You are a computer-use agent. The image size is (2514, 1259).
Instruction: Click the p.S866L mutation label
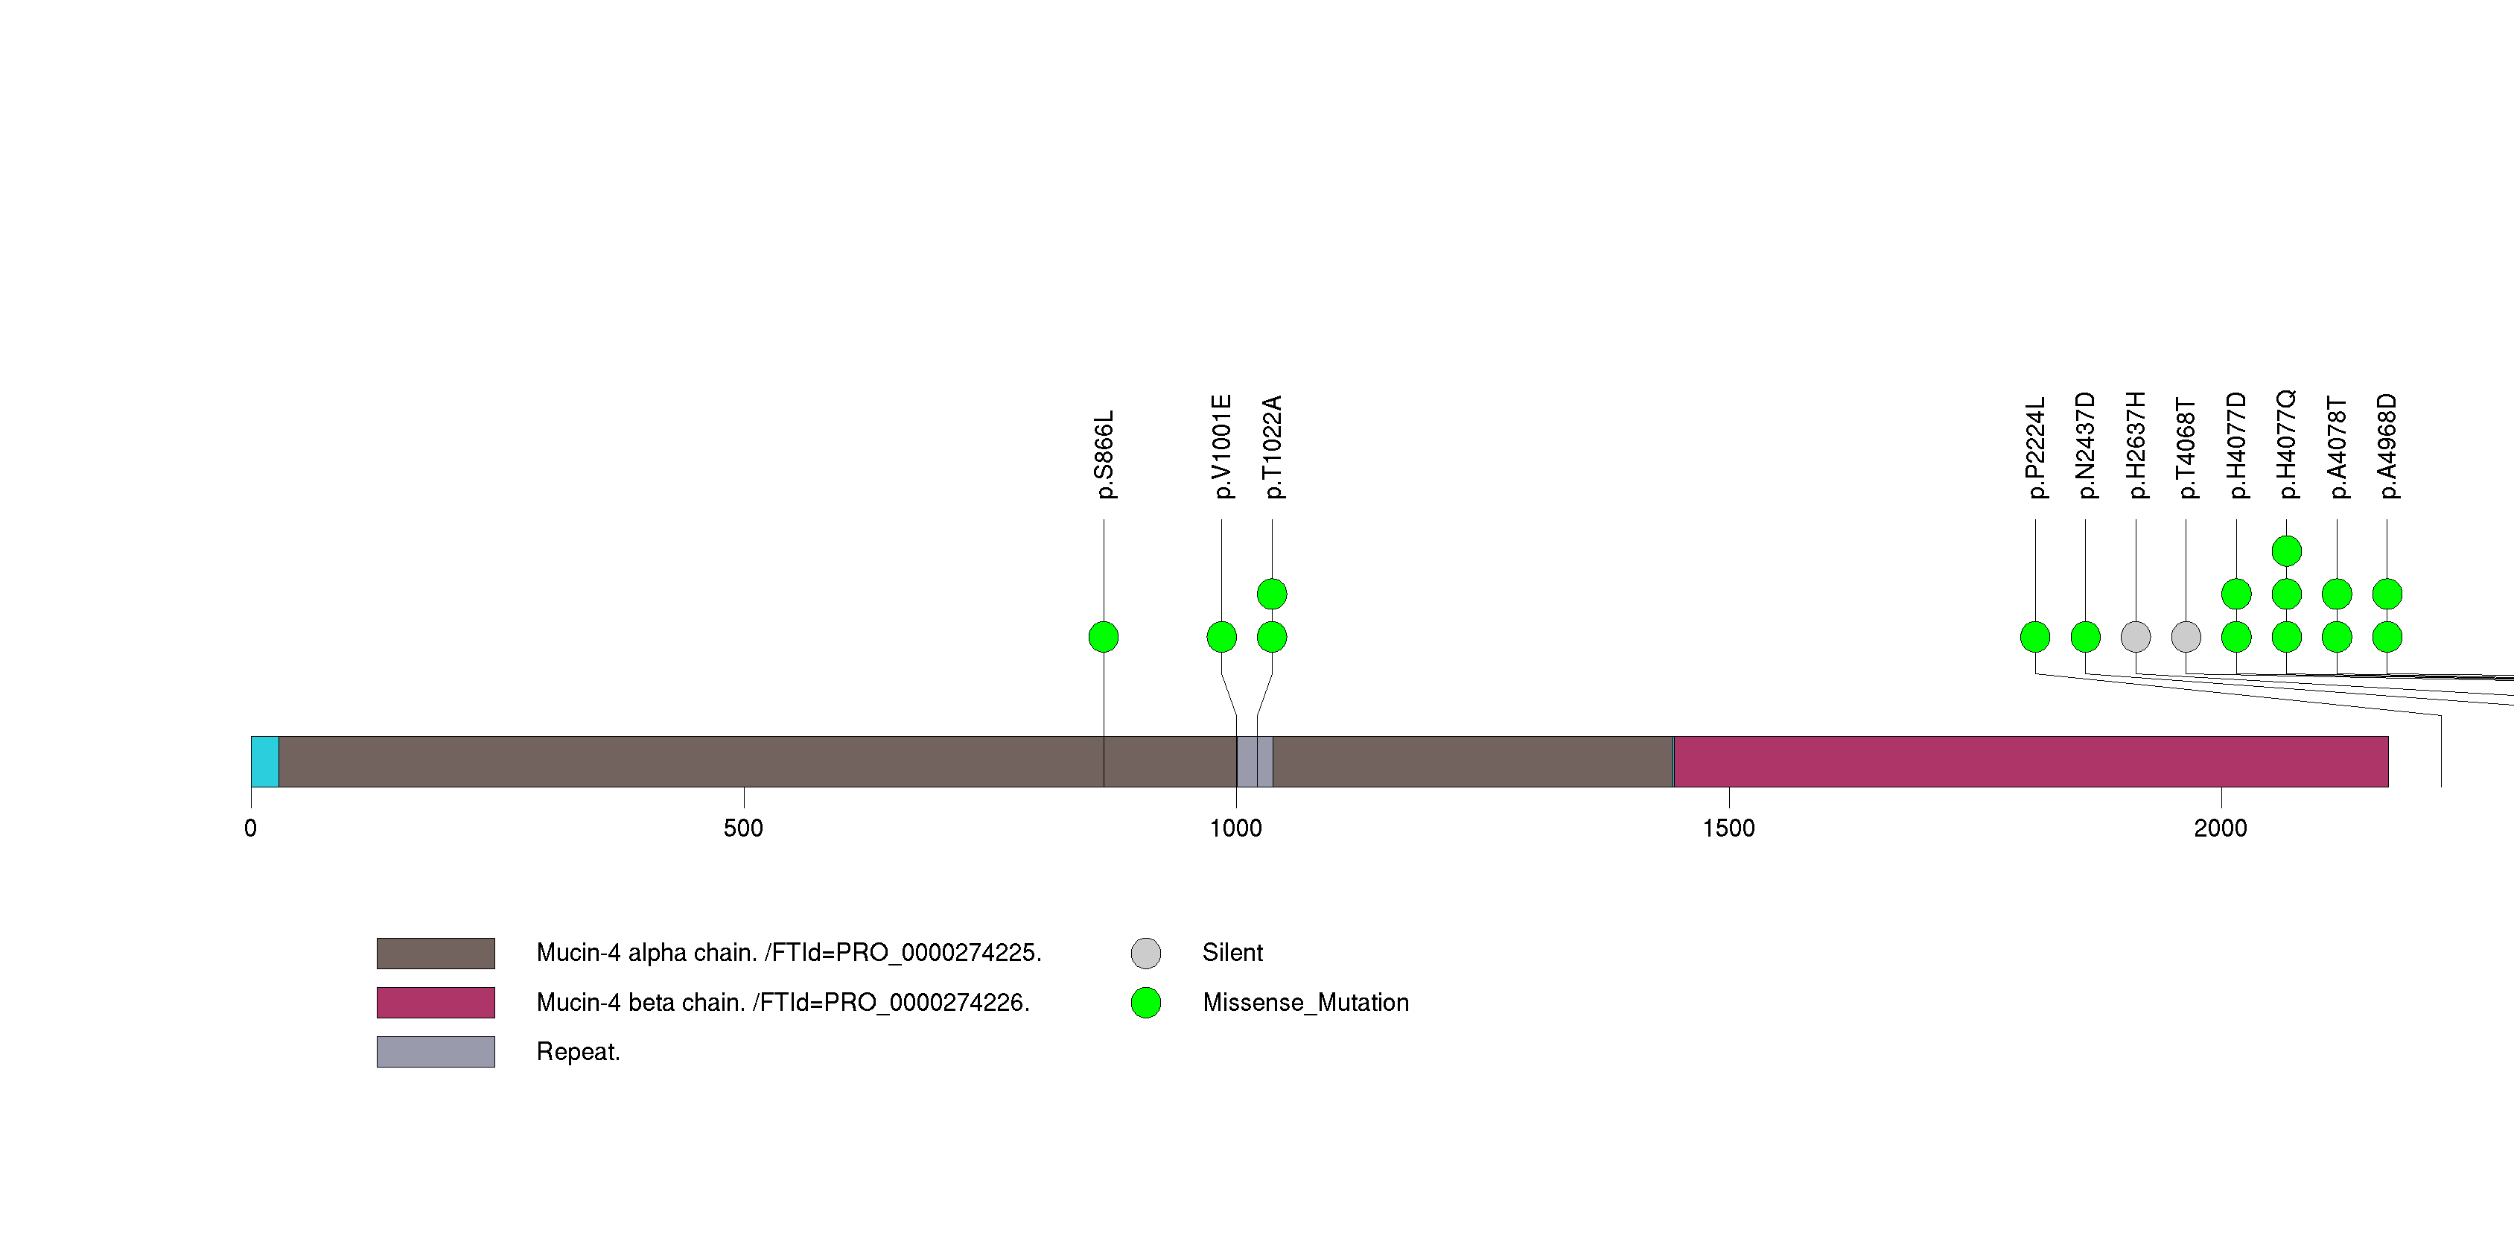(1104, 454)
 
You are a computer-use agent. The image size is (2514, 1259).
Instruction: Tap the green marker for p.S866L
(1104, 637)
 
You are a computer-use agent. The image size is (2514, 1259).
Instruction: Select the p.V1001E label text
(1221, 447)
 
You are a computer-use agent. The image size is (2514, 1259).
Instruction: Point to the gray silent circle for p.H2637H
(2136, 637)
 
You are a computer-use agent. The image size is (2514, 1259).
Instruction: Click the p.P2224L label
(2035, 448)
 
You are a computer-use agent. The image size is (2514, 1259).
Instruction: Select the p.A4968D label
(2386, 446)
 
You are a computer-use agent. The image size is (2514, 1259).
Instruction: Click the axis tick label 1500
(1728, 828)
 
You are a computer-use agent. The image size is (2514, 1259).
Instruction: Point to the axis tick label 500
(744, 828)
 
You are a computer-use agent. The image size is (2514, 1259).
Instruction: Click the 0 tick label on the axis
(251, 828)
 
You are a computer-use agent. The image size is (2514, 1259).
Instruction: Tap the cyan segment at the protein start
(264, 761)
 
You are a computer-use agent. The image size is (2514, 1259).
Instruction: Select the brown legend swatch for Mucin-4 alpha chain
(436, 954)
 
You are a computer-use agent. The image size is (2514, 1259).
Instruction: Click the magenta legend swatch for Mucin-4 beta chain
(436, 1002)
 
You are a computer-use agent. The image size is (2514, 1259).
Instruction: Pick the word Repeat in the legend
(578, 1052)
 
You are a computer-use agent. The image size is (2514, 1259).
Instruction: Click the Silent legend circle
(1146, 954)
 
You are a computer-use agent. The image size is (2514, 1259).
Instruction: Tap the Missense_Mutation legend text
(1305, 1002)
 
